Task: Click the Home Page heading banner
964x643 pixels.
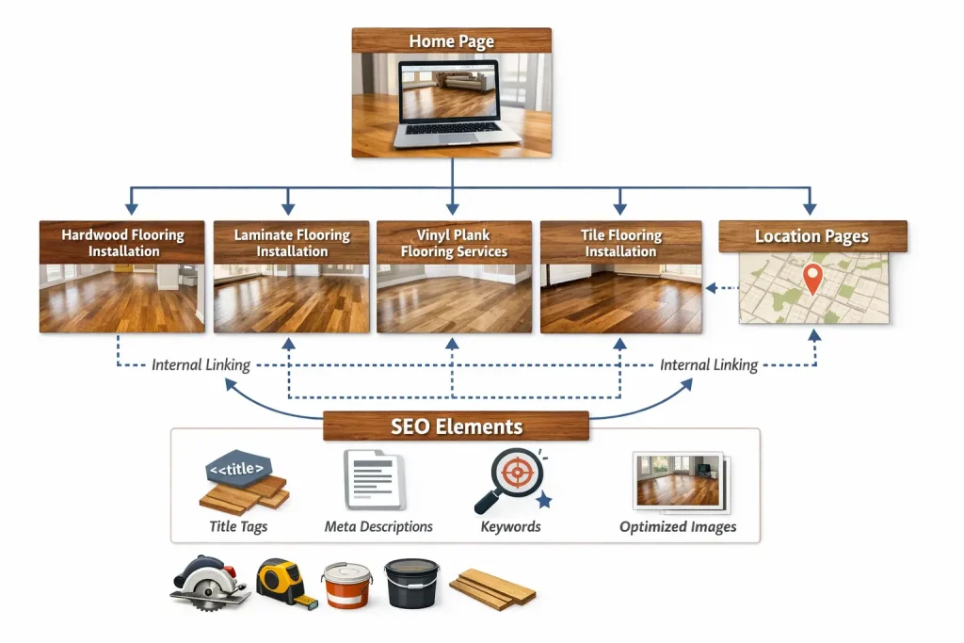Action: point(451,41)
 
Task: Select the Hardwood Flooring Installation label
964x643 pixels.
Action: point(122,243)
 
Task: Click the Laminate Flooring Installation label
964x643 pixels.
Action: point(292,243)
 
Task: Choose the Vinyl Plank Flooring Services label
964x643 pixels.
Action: point(454,243)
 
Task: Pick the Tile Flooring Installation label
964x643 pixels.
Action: point(619,243)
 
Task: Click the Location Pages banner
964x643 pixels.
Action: point(812,236)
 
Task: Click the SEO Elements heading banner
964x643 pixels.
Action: point(456,426)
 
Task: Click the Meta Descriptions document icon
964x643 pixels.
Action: point(374,479)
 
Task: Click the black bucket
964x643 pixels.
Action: point(411,583)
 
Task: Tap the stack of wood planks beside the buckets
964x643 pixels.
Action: point(492,587)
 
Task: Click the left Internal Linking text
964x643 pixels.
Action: point(201,364)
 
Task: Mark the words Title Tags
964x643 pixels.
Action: point(239,526)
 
